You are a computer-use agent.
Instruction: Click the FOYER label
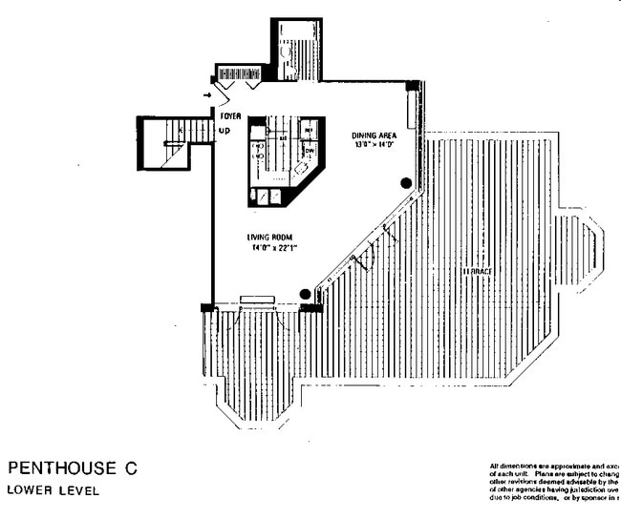[230, 115]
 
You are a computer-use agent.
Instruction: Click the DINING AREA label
[374, 135]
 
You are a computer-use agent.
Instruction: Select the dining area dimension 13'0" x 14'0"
[374, 146]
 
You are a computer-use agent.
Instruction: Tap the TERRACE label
[477, 271]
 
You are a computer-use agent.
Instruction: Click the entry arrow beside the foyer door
[208, 96]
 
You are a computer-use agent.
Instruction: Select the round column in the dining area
[406, 182]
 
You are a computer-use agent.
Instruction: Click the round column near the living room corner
[305, 294]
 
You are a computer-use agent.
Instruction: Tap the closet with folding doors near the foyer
[239, 74]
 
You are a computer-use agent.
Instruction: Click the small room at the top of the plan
[295, 49]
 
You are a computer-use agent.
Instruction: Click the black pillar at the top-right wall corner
[412, 86]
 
